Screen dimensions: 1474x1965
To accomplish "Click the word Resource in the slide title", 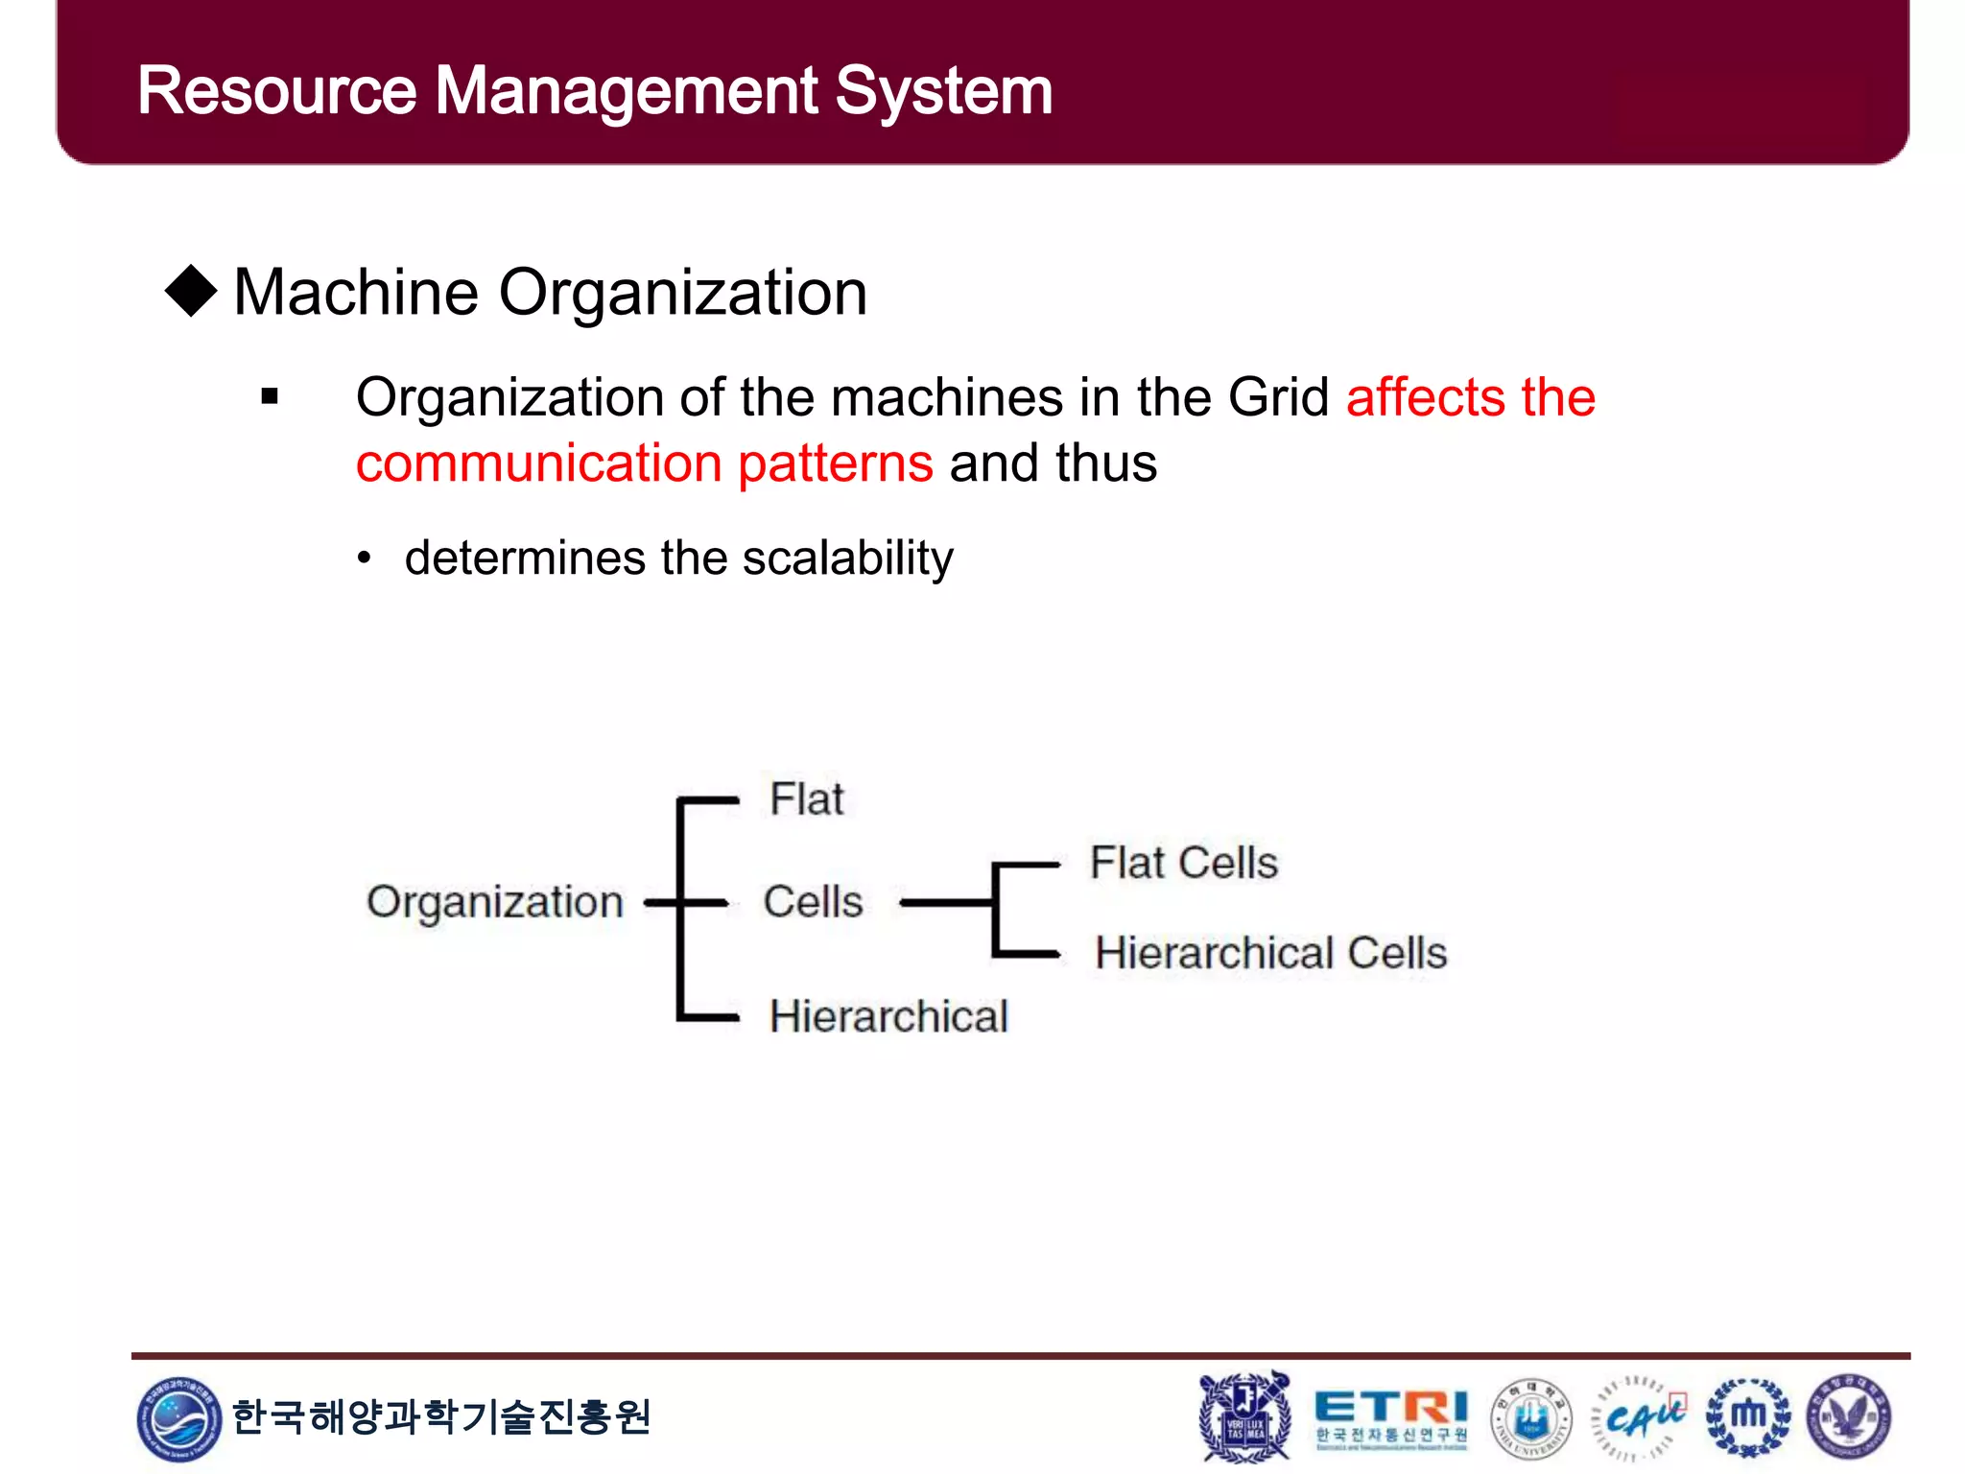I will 277,92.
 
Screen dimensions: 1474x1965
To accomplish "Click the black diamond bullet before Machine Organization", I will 192,291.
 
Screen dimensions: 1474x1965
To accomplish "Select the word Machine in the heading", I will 356,293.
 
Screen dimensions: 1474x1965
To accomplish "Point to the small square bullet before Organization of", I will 270,396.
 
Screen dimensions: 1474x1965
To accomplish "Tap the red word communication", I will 538,464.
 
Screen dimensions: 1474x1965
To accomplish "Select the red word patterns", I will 835,464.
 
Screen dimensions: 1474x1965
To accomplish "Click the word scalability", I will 847,559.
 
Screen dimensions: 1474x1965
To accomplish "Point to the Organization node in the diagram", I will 495,902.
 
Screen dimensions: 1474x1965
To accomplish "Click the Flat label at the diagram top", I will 807,798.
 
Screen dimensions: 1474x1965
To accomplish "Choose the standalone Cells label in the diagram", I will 813,902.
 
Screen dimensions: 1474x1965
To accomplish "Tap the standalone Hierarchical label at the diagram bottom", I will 888,1016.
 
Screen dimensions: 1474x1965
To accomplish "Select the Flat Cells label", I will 1184,863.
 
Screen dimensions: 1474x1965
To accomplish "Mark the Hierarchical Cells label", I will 1271,953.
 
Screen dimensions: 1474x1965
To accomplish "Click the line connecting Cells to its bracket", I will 945,903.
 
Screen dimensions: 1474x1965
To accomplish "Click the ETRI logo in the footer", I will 1390,1416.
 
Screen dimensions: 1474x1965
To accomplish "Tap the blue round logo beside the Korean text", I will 178,1418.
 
